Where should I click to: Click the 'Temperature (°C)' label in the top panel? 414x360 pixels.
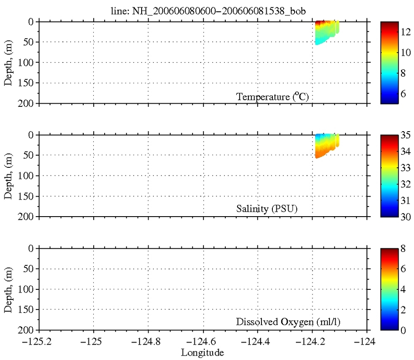[272, 97]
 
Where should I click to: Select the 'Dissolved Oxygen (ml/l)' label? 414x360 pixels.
[288, 322]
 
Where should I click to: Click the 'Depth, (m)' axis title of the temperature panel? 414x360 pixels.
[8, 62]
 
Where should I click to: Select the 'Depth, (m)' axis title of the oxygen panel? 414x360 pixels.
[8, 289]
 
